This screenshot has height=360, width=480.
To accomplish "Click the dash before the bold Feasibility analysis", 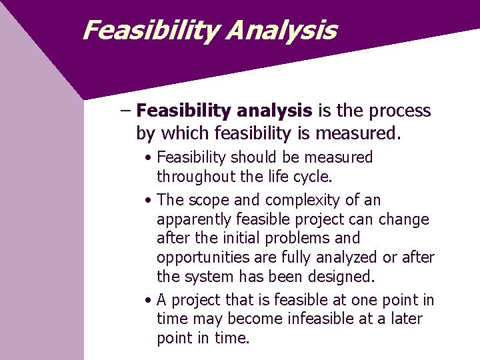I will (x=126, y=111).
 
